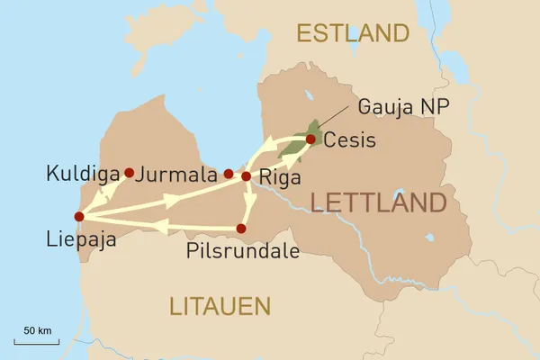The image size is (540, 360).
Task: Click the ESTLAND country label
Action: pyautogui.click(x=353, y=34)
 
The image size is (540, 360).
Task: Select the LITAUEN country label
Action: pyautogui.click(x=220, y=306)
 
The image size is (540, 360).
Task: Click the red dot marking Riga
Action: pyautogui.click(x=246, y=176)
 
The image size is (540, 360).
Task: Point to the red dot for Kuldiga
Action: pyautogui.click(x=130, y=172)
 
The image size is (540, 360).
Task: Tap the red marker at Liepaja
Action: pyautogui.click(x=79, y=216)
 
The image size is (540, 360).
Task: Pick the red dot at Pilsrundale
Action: pyautogui.click(x=240, y=229)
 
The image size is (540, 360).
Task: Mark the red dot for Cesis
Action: pyautogui.click(x=310, y=139)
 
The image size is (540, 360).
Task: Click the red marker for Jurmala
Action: pyautogui.click(x=229, y=174)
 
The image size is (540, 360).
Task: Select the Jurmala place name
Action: pyautogui.click(x=180, y=172)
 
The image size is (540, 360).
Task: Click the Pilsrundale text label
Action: pyautogui.click(x=242, y=251)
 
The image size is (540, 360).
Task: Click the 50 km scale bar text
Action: pyautogui.click(x=37, y=331)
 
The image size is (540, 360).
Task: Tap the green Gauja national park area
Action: pyautogui.click(x=310, y=131)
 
